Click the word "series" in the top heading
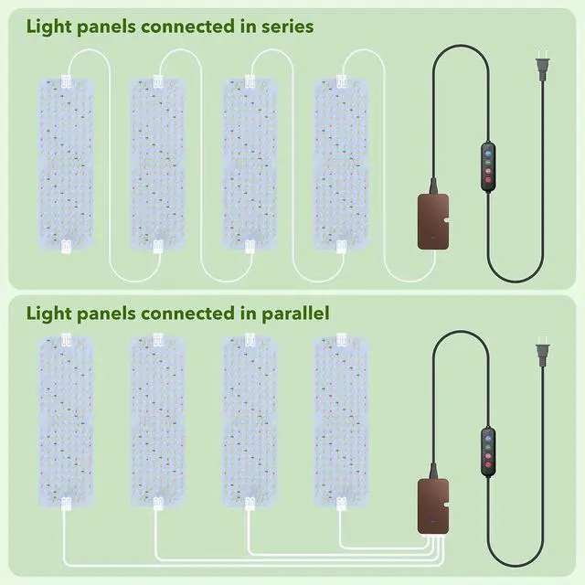tap(284, 27)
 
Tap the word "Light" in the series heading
tap(48, 27)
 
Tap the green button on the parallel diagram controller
tap(487, 444)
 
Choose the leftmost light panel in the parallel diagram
tap(65, 420)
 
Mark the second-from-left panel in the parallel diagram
tap(157, 420)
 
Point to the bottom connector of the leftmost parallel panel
tap(65, 502)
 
